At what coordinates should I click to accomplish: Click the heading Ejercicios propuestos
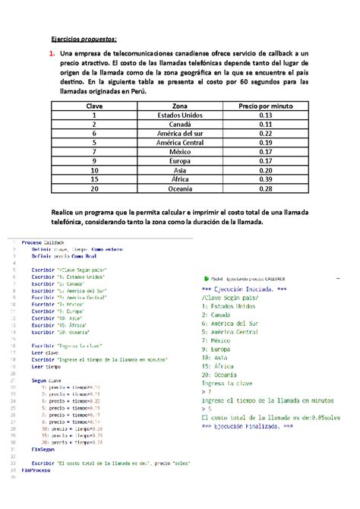coord(84,40)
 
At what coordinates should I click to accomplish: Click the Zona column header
coord(180,107)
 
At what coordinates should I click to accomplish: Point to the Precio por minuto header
coord(265,107)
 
